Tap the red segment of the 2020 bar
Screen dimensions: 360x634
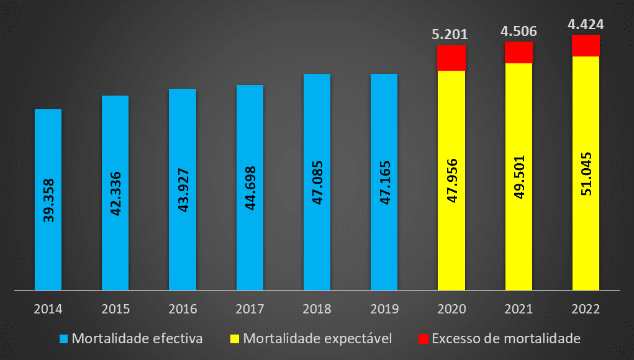click(451, 58)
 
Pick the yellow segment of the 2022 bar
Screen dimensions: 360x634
click(586, 236)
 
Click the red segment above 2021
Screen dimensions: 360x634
click(519, 52)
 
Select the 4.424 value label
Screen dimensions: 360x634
click(586, 25)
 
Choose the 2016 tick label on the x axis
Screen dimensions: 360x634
click(183, 308)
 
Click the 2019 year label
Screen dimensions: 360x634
click(384, 308)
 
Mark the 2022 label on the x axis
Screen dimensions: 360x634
click(586, 308)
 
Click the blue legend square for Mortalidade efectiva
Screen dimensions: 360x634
click(63, 339)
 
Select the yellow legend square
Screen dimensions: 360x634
click(235, 339)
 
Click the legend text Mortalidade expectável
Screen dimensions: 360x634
click(318, 339)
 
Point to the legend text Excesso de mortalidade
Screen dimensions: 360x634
click(505, 339)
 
